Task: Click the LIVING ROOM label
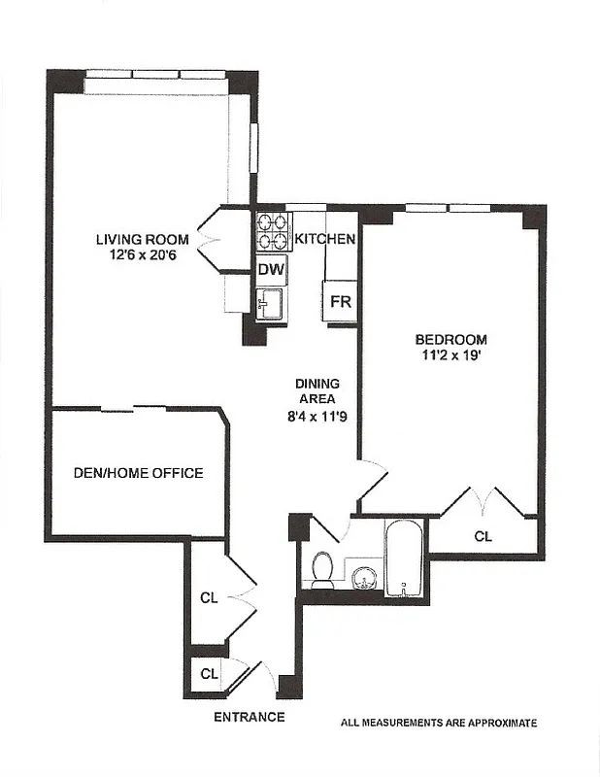[138, 240]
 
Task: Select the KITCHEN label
[324, 239]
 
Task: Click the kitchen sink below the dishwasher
[269, 303]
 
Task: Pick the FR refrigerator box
[340, 302]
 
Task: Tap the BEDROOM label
[450, 340]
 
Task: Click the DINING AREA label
[316, 390]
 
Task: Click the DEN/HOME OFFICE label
[139, 473]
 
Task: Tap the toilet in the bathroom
[322, 569]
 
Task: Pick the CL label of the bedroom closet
[483, 535]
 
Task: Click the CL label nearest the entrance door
[209, 673]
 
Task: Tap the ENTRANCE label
[250, 718]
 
